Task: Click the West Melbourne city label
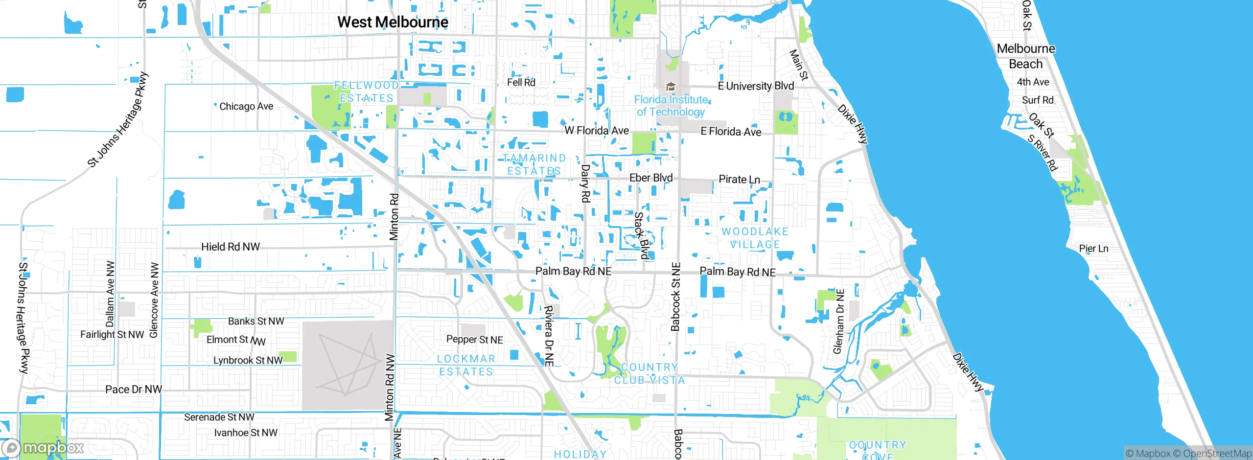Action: point(393,23)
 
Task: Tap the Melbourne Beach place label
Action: point(1026,56)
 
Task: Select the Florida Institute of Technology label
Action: point(671,106)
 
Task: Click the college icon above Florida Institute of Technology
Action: point(671,87)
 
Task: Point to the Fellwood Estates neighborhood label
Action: point(367,92)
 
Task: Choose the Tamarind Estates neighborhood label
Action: point(534,164)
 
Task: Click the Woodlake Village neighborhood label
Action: point(755,238)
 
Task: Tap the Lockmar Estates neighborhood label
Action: point(466,365)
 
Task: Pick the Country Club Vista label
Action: point(650,373)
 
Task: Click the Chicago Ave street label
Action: point(246,106)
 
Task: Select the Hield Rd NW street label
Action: point(231,247)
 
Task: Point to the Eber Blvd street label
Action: point(651,178)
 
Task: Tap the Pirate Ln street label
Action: point(739,179)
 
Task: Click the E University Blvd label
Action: point(756,86)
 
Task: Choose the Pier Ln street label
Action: point(1093,249)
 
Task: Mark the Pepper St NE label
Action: point(474,340)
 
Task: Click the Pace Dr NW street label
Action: point(134,390)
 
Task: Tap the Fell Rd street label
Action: point(521,82)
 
